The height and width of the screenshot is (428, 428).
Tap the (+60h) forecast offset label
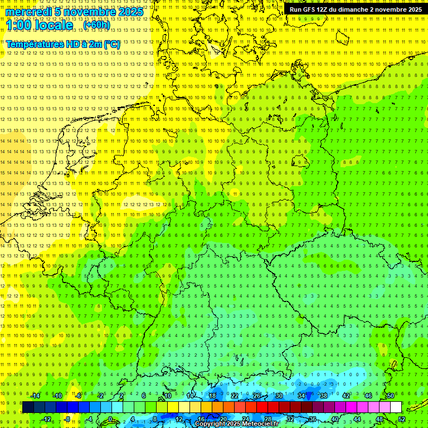96,25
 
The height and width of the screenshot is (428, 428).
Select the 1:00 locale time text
39,25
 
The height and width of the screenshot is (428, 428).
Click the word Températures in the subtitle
34,44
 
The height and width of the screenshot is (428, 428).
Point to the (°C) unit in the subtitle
111,44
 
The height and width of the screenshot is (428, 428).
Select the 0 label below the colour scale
110,419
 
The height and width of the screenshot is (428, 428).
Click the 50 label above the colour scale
391,396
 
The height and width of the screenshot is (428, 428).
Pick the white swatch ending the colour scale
396,407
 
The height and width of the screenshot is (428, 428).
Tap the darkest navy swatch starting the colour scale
28,407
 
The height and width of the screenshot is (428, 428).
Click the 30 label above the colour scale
279,396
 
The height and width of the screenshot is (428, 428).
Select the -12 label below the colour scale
46,419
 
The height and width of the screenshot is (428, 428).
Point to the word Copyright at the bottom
211,424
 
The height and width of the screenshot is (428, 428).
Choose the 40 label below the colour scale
335,419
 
